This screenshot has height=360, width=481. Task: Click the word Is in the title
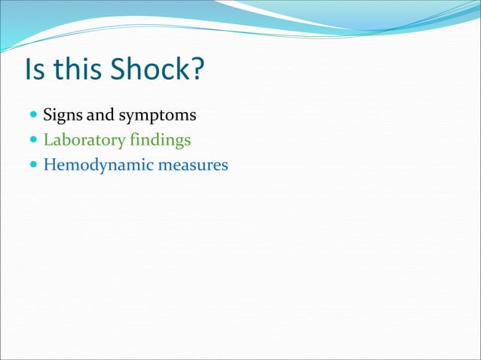tap(34, 71)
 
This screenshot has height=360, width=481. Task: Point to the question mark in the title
tap(198, 71)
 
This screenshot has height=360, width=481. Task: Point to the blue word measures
tap(192, 164)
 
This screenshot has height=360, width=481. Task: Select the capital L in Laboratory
tap(48, 140)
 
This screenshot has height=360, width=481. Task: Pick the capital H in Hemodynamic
tap(50, 164)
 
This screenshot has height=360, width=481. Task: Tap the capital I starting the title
tap(29, 71)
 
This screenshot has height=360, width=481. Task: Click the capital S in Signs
tap(48, 116)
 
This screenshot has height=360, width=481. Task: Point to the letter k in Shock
tap(181, 71)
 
